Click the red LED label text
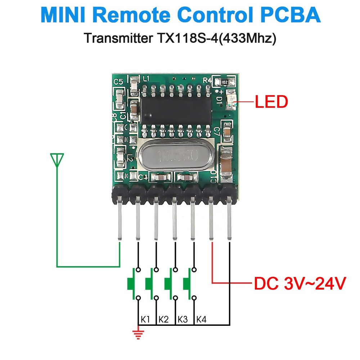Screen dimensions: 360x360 point(271,102)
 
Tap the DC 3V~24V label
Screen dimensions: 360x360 point(300,284)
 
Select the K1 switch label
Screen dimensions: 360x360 point(145,319)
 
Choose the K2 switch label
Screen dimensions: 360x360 point(163,319)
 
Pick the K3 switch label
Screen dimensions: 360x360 point(183,319)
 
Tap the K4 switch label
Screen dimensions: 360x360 point(201,319)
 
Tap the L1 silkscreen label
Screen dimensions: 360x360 point(146,78)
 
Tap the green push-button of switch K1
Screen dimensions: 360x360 point(130,284)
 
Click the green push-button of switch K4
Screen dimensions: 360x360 point(187,284)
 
